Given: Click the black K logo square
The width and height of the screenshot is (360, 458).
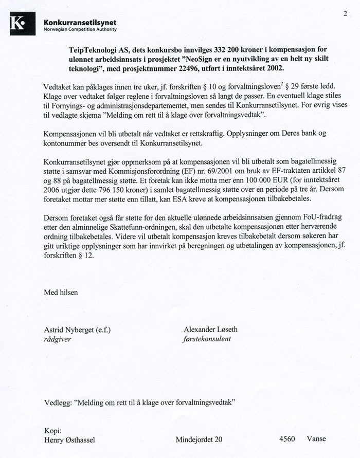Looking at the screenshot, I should point(23,24).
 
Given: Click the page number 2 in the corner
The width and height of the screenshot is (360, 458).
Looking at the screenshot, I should point(345,13).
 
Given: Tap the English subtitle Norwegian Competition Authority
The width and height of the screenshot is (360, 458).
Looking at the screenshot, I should point(81,29).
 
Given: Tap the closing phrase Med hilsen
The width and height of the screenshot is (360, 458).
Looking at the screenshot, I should point(61,292).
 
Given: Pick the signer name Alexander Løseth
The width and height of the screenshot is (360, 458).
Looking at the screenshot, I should point(210,329).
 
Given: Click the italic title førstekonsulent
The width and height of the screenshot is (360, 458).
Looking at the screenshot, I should point(207,339).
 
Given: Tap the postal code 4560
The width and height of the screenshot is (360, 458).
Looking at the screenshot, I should point(287,439).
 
